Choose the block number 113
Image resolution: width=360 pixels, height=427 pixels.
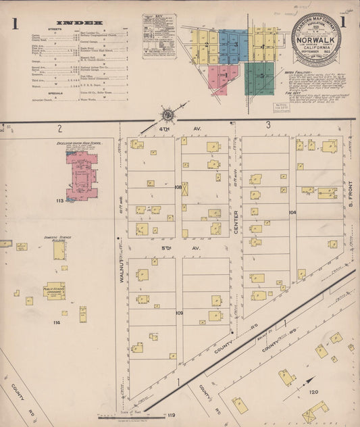click(x=60, y=201)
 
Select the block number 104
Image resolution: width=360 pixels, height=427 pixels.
click(x=292, y=212)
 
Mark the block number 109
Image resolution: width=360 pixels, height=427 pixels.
click(x=179, y=313)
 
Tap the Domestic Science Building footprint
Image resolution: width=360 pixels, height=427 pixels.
click(x=59, y=251)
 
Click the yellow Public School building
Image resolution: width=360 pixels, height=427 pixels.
click(x=54, y=291)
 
